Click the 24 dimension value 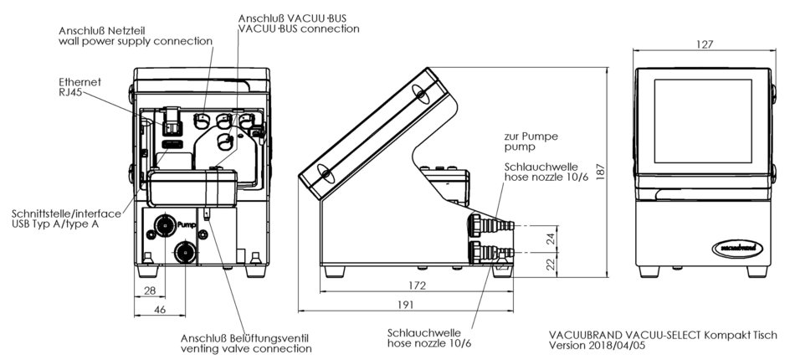pos(550,238)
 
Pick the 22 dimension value pos(550,264)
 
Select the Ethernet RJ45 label pos(79,88)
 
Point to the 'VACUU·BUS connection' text pos(299,28)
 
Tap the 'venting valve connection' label pos(246,348)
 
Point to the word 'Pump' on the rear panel pos(186,224)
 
